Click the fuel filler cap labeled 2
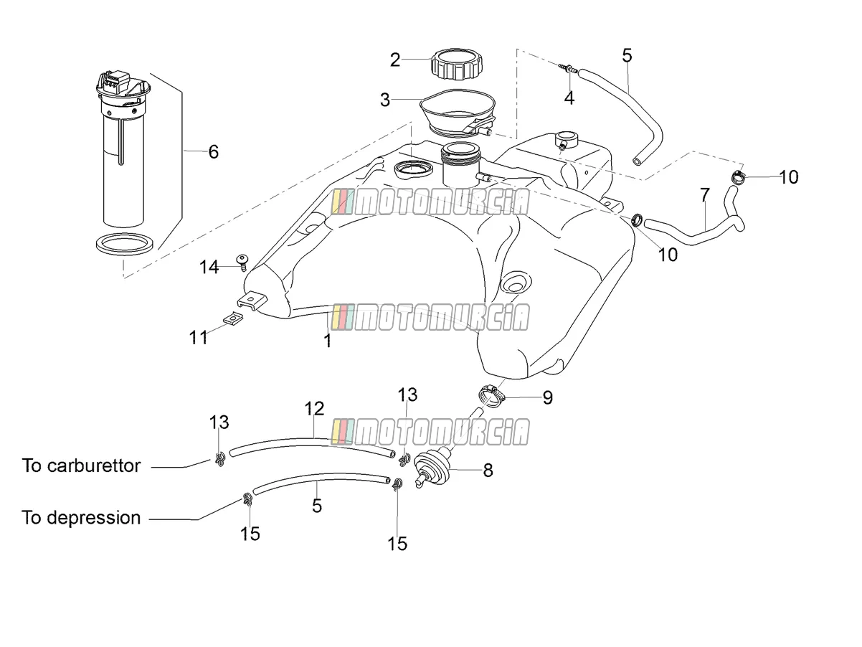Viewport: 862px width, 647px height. click(x=457, y=65)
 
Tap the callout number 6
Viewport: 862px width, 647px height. click(x=213, y=151)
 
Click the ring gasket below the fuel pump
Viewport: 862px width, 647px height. click(x=125, y=244)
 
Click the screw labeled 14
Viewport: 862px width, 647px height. click(x=242, y=262)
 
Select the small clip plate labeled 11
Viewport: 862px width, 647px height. click(x=233, y=318)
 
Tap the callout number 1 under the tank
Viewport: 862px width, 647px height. click(x=328, y=341)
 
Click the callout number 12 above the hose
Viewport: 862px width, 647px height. click(x=314, y=409)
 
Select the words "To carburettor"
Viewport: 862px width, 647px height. click(x=81, y=466)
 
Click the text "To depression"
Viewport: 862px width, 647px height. click(x=81, y=518)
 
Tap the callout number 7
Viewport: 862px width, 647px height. click(x=705, y=195)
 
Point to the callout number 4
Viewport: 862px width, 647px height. click(x=569, y=98)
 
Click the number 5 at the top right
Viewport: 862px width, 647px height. click(x=627, y=55)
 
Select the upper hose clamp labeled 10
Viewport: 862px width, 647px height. click(x=739, y=177)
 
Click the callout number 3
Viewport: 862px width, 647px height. click(x=385, y=100)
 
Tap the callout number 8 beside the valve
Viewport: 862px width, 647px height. click(x=488, y=471)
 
